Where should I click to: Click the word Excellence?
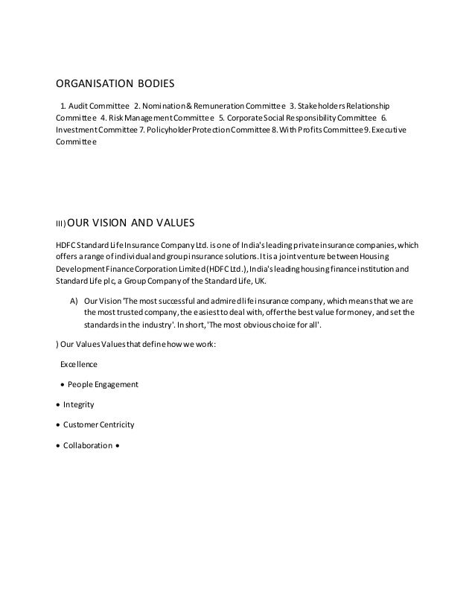click(x=78, y=365)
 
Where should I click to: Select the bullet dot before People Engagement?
click(x=60, y=385)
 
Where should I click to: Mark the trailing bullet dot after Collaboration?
click(x=118, y=446)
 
